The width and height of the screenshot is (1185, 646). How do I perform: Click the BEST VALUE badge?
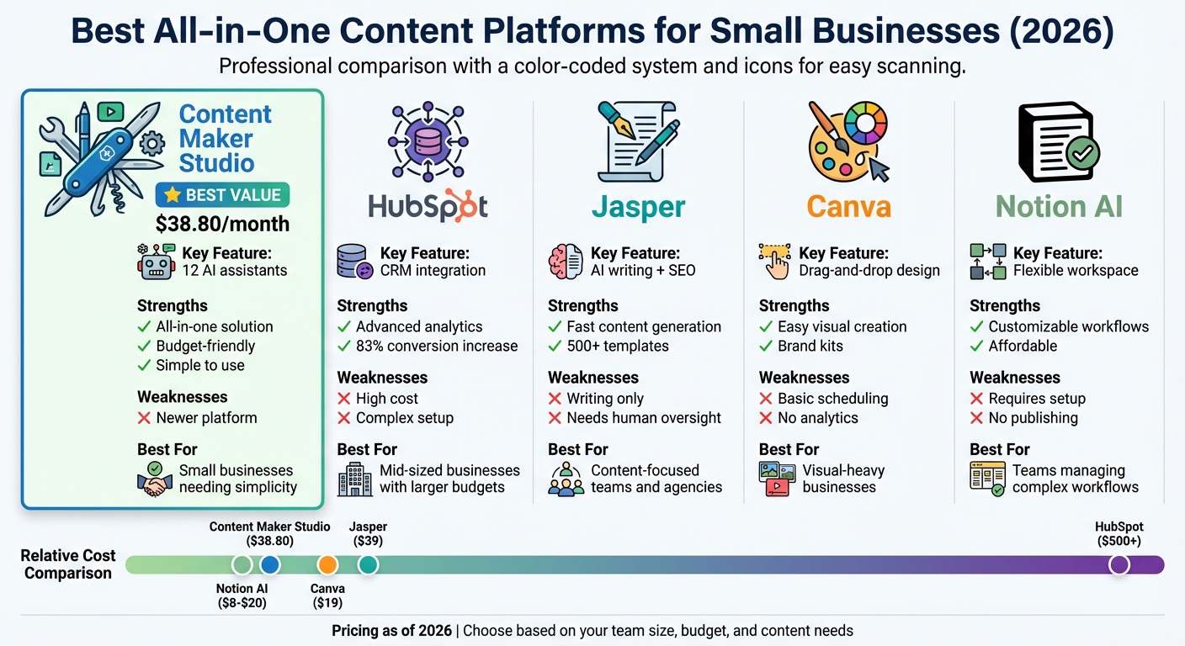[x=223, y=195]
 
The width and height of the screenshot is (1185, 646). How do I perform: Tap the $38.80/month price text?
[x=222, y=224]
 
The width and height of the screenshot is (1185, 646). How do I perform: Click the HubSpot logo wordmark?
[x=428, y=206]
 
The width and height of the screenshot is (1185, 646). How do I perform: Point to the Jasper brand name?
[x=638, y=206]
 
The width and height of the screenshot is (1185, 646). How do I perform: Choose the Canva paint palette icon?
[x=843, y=143]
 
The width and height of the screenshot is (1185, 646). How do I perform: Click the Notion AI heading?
[x=1059, y=206]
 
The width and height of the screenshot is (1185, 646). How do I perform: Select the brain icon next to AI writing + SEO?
[x=566, y=262]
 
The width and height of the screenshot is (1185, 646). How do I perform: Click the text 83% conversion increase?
[x=437, y=346]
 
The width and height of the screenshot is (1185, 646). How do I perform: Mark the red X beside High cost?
[x=343, y=399]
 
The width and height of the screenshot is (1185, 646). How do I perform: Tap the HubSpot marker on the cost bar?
[x=1119, y=564]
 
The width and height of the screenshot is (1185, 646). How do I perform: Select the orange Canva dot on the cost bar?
[x=327, y=564]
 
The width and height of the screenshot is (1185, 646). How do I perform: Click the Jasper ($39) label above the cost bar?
[x=368, y=534]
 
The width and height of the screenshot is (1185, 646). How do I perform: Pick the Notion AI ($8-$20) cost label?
[x=242, y=596]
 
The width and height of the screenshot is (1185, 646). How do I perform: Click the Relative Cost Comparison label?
[x=67, y=564]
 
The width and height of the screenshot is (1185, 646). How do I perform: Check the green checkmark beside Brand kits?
[x=765, y=346]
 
